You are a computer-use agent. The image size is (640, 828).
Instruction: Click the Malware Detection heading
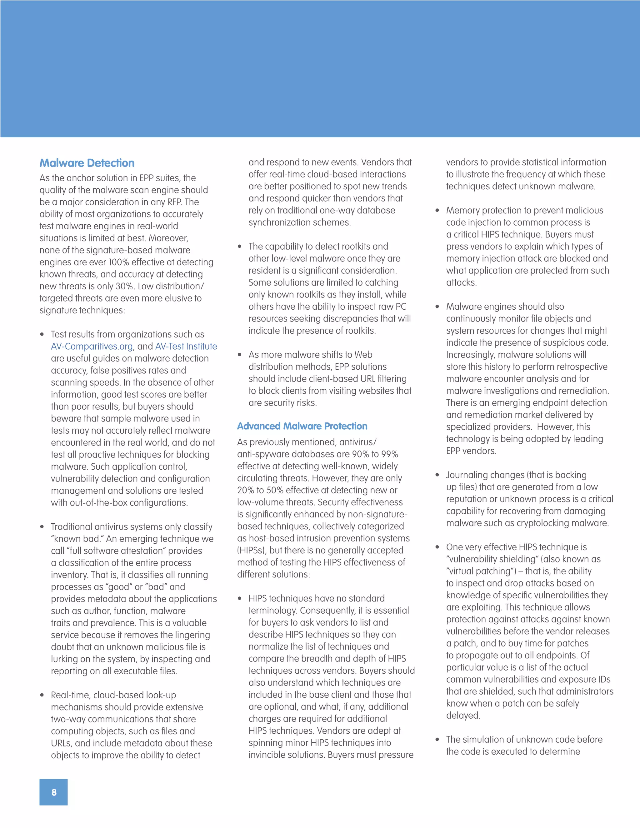coord(87,163)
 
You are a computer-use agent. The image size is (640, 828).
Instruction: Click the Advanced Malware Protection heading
coord(302,426)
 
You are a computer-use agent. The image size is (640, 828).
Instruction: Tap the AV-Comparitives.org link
coord(92,347)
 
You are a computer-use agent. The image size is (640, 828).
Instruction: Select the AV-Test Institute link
coord(186,347)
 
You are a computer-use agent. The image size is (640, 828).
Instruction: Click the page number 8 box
coord(53,792)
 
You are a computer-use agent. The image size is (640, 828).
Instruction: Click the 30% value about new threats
coord(124,286)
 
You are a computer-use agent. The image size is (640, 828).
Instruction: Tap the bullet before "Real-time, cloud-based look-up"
coord(42,695)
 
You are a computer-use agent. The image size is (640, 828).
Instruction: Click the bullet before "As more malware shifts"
coord(240,355)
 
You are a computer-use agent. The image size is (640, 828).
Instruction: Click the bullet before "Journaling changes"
coord(437,475)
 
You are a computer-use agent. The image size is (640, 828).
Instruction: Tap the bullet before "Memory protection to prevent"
coord(437,210)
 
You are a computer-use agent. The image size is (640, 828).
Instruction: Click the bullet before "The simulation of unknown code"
coord(437,739)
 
